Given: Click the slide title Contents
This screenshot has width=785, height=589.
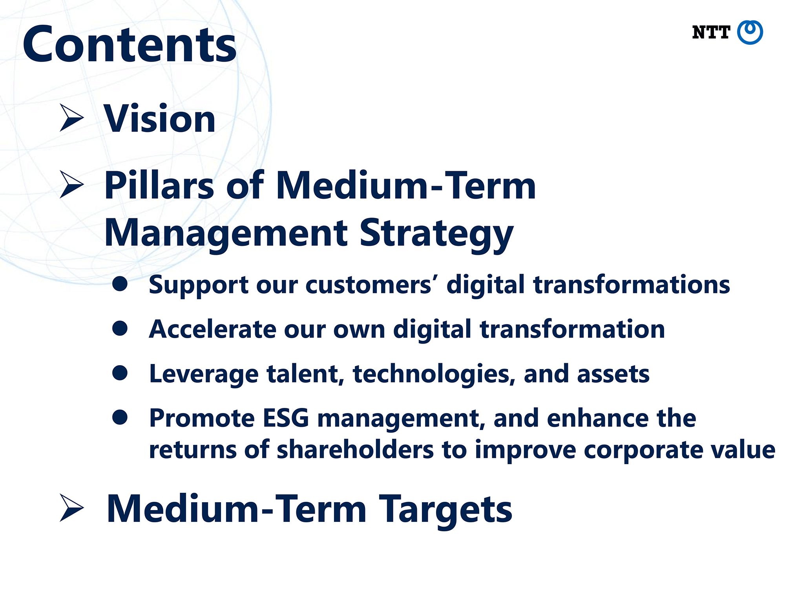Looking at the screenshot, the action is (x=130, y=44).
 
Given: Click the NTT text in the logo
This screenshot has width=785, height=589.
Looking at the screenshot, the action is (x=711, y=33).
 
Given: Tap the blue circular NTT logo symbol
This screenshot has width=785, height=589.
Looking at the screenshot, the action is (x=750, y=33).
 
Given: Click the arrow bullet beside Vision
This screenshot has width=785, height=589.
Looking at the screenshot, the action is (x=71, y=118).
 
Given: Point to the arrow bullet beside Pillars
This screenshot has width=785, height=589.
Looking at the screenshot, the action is (x=71, y=184).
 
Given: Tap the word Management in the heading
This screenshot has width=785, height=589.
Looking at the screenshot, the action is (x=226, y=234).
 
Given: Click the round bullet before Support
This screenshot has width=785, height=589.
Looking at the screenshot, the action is (x=120, y=284).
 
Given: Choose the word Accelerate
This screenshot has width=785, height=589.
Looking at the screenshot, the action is (x=212, y=329).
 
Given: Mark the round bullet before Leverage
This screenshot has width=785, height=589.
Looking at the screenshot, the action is (x=120, y=373).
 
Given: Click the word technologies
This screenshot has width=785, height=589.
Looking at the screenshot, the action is (x=434, y=374).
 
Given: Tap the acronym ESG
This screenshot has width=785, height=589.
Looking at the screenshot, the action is (x=286, y=418).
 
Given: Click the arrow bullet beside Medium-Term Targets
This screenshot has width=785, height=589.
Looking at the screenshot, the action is (x=71, y=508).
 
